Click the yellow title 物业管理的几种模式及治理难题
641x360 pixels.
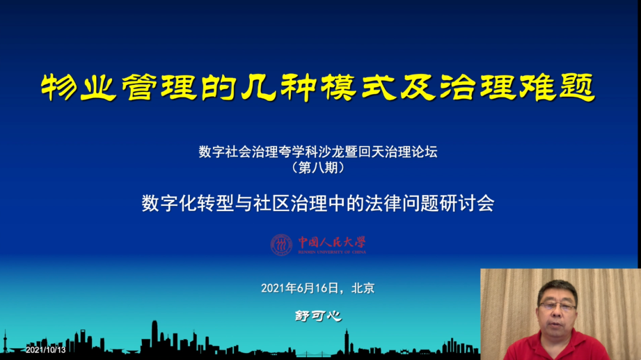tap(318, 87)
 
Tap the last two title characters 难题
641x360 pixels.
tap(557, 87)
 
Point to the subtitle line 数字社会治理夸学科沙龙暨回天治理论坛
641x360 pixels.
tap(318, 152)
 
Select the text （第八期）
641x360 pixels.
tap(318, 167)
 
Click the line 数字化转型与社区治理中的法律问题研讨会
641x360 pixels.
tap(318, 203)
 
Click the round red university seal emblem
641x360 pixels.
tap(281, 245)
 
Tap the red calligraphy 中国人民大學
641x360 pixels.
tap(332, 243)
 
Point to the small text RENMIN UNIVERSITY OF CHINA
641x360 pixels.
tap(332, 252)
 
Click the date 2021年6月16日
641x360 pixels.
tap(300, 288)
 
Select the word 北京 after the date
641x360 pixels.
tap(363, 288)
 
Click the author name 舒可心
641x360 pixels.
tap(318, 316)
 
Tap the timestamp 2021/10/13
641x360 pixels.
tap(45, 350)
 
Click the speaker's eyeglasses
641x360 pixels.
tap(557, 306)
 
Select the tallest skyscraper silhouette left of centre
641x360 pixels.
tap(154, 335)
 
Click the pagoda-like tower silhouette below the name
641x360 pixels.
tap(347, 342)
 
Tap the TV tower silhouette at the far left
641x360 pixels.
tap(5, 342)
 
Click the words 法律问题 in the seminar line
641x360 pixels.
tap(402, 203)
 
